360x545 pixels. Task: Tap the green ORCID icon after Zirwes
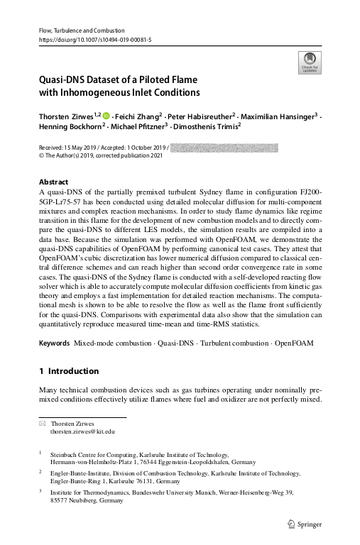point(107,115)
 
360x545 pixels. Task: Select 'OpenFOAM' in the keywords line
point(293,343)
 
